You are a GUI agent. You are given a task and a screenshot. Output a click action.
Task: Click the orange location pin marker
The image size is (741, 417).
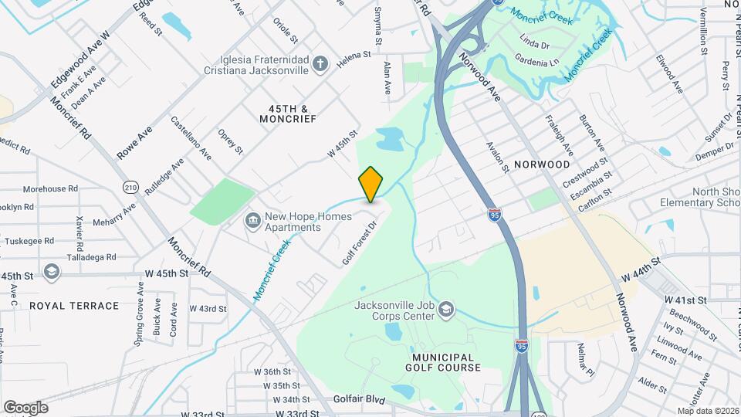click(370, 184)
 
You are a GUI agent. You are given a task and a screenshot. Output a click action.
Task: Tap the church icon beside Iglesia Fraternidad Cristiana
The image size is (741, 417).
click(321, 63)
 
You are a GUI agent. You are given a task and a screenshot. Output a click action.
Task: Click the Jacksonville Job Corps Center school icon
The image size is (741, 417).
click(445, 310)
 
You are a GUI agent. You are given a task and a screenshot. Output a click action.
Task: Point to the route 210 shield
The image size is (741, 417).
click(130, 187)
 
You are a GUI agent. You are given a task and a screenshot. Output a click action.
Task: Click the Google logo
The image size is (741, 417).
click(25, 407)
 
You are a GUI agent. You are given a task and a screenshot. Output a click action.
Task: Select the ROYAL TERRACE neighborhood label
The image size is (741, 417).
click(74, 306)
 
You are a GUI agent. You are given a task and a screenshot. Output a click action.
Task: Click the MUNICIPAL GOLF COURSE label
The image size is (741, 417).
click(442, 362)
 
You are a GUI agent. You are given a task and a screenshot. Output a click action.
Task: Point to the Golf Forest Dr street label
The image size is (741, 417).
click(360, 243)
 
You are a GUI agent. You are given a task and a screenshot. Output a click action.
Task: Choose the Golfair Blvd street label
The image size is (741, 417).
click(359, 399)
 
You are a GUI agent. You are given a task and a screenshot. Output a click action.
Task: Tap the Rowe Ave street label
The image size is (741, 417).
click(134, 143)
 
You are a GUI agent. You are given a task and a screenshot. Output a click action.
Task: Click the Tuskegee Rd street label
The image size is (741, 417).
click(27, 241)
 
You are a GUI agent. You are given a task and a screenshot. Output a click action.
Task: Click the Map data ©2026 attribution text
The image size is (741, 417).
click(707, 411)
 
